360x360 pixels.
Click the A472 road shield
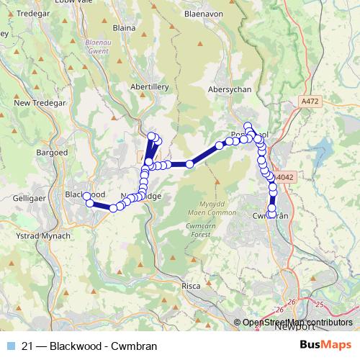[x=310, y=102]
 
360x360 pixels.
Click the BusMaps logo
[x=325, y=346]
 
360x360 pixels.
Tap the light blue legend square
[x=10, y=346]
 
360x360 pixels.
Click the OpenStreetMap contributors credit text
[x=299, y=323]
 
